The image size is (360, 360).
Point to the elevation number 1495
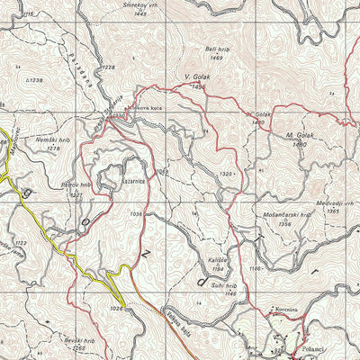pyautogui.click(x=198, y=85)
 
